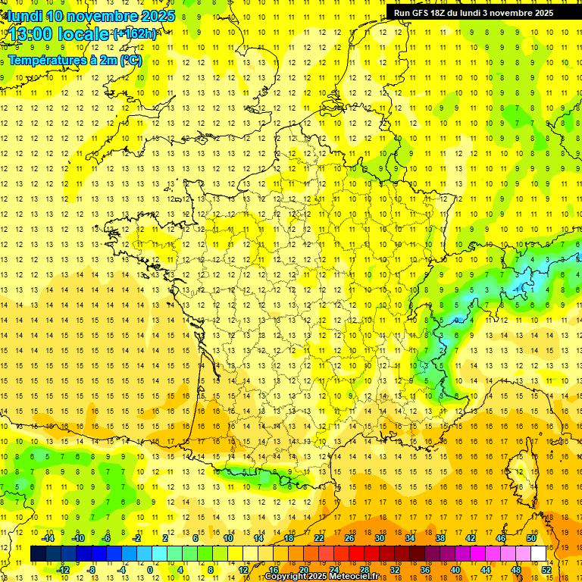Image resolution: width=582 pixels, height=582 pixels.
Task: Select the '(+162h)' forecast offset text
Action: (135, 34)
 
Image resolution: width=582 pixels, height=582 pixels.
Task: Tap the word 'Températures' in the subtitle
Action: (44, 61)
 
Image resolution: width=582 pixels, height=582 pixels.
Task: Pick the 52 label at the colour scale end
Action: (546, 570)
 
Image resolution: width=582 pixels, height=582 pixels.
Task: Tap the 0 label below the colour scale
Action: (150, 570)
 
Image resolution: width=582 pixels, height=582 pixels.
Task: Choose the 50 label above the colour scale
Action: (530, 538)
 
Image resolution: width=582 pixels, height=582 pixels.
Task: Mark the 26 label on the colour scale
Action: (349, 538)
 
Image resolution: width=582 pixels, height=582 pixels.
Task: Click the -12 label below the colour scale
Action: (63, 570)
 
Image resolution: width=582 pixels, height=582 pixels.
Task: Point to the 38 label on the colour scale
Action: (440, 538)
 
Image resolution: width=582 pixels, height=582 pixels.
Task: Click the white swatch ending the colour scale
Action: (539, 554)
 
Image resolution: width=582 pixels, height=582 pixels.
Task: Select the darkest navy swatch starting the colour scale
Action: (38, 554)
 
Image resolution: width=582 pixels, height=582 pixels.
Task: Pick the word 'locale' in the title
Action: (86, 34)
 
